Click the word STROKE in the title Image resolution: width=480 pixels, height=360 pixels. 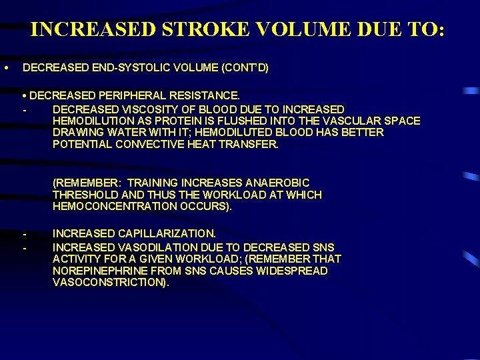(204, 30)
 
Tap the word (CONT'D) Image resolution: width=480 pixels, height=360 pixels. (244, 68)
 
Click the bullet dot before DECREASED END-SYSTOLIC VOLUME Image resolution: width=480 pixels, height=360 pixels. (5, 68)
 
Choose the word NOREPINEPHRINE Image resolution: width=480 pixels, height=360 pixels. (95, 271)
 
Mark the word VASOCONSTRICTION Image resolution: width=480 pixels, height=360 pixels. (110, 283)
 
